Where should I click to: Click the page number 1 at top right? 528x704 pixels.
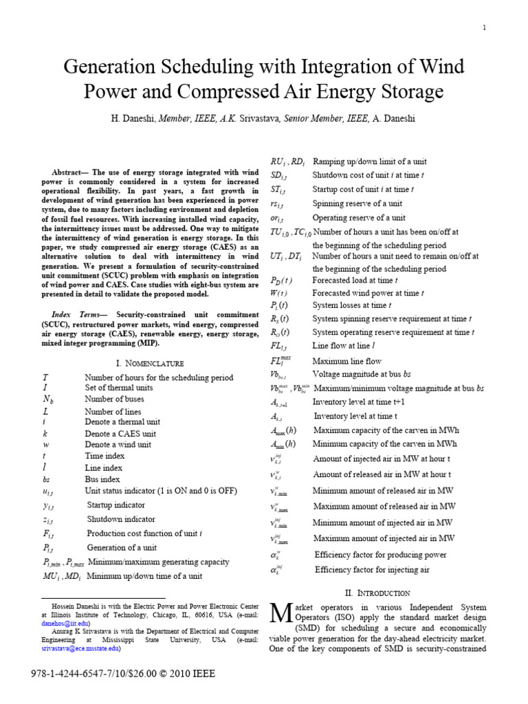pyautogui.click(x=485, y=27)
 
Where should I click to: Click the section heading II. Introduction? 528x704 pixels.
pyautogui.click(x=377, y=593)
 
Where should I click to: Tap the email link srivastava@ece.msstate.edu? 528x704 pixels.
pyautogui.click(x=81, y=648)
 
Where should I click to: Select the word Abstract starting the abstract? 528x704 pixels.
pyautogui.click(x=72, y=172)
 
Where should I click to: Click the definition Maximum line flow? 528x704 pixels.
pyautogui.click(x=346, y=361)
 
